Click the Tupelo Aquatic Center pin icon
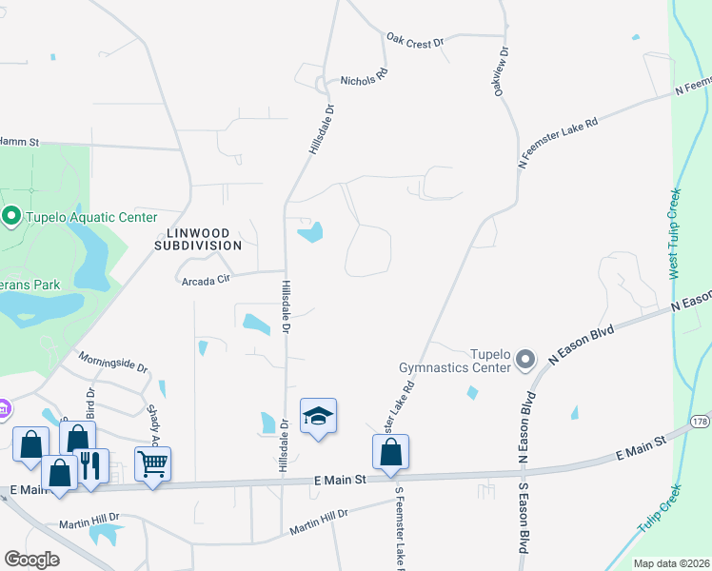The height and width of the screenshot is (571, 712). click(x=11, y=218)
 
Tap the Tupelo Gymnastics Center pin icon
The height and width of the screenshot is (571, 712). click(x=526, y=360)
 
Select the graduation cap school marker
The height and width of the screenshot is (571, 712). click(x=319, y=416)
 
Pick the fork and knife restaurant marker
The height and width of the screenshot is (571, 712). click(x=90, y=466)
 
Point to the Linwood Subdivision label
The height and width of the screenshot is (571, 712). click(x=199, y=238)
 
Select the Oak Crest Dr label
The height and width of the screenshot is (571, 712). click(x=415, y=41)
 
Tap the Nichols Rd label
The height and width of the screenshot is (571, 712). click(x=365, y=76)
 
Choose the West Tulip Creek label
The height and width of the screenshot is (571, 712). click(x=676, y=233)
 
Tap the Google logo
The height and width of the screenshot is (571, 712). click(x=32, y=560)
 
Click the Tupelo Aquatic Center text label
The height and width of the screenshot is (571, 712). click(x=90, y=218)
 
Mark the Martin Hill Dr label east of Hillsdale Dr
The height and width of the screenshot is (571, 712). click(x=319, y=519)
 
